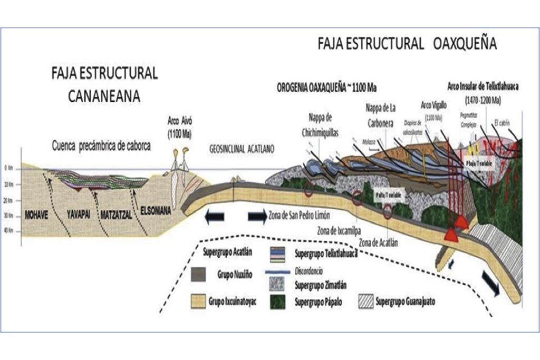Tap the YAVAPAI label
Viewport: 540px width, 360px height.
point(79,215)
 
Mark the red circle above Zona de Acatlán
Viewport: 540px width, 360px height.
point(388,211)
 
